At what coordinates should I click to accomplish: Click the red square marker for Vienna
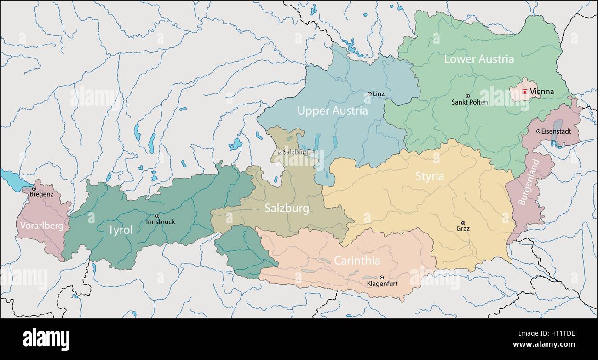(x=524, y=92)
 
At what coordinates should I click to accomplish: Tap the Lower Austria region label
(x=479, y=59)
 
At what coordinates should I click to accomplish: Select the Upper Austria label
(x=332, y=111)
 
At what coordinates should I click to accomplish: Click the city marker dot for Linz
(x=369, y=93)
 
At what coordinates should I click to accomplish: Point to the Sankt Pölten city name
(x=469, y=102)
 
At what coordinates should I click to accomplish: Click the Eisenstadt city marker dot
(x=538, y=131)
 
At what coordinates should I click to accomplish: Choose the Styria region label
(x=430, y=176)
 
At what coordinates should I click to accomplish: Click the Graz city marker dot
(x=463, y=223)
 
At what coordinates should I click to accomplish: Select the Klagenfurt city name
(x=381, y=284)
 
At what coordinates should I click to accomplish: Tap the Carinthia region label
(x=357, y=261)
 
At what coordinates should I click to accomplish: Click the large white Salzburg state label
(x=287, y=209)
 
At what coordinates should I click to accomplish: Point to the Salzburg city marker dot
(x=280, y=152)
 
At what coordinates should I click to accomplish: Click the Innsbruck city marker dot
(x=157, y=216)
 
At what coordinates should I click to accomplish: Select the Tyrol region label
(x=120, y=230)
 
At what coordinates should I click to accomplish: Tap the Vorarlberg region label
(x=41, y=226)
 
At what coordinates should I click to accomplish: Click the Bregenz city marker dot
(x=34, y=189)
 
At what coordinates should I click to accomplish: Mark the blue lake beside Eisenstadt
(x=557, y=131)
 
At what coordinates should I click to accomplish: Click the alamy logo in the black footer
(x=46, y=340)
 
